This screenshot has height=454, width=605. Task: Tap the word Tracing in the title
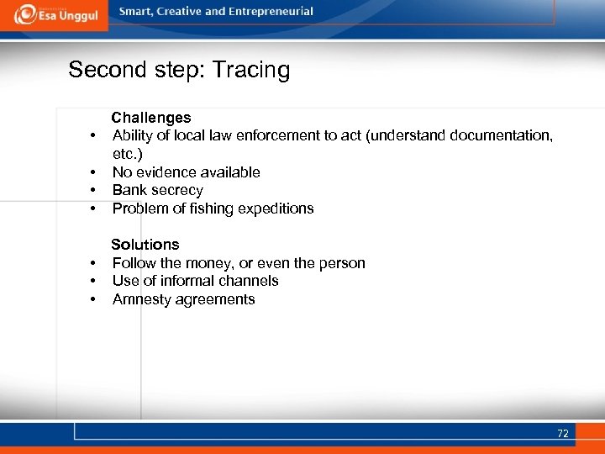pos(251,70)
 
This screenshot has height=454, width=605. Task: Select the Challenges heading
pos(151,118)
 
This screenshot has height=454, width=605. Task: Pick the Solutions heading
pos(145,245)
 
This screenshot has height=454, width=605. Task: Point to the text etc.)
pos(128,155)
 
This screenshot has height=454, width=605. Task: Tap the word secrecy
pos(177,191)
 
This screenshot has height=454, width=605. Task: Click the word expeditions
pos(273,209)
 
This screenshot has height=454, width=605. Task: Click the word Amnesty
pos(141,299)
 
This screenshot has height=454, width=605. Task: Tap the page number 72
pos(562,434)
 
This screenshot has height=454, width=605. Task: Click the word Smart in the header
pos(137,12)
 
